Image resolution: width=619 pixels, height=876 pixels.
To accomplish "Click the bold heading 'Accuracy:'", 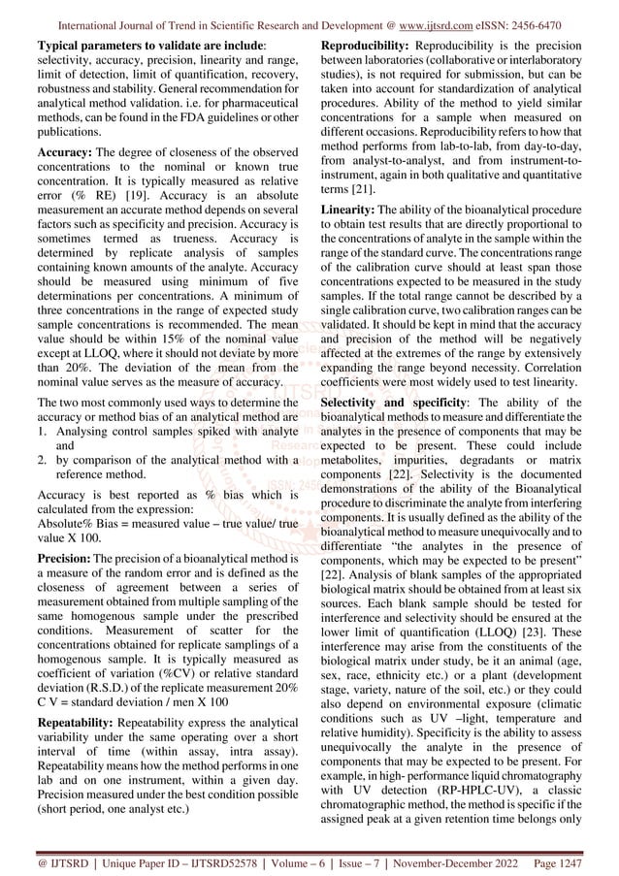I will click(x=65, y=151).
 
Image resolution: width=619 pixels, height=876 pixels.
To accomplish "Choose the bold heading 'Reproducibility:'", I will click(x=371, y=46).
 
